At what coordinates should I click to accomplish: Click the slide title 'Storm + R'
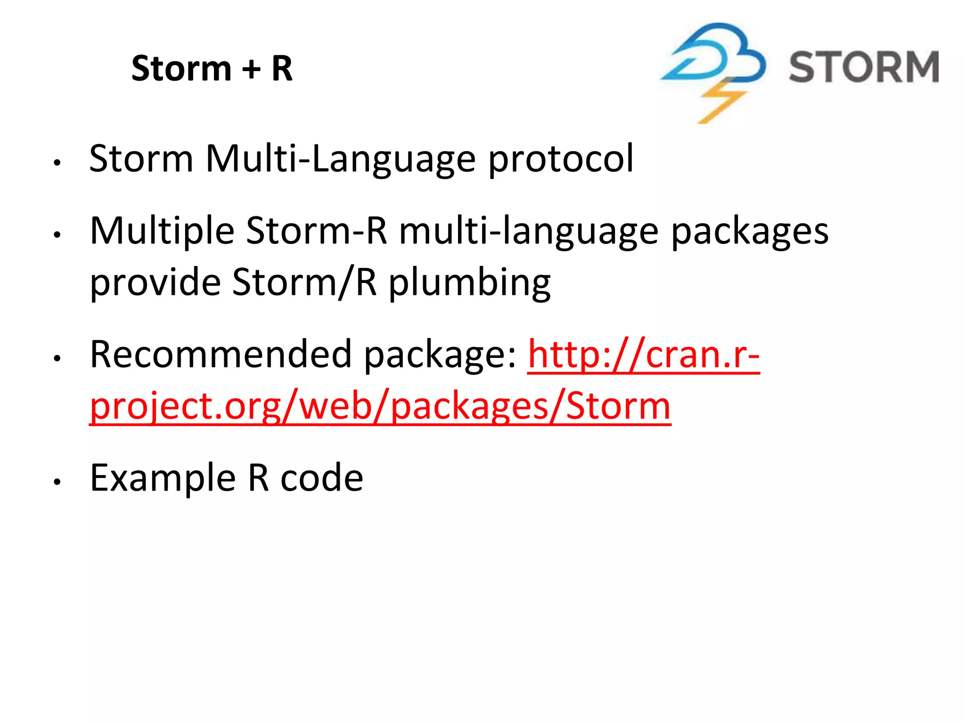[212, 69]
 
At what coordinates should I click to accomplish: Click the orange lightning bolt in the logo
[720, 101]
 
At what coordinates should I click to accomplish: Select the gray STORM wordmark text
[864, 67]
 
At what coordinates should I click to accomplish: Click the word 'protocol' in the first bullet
[560, 159]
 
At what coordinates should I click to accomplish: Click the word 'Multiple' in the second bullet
[162, 231]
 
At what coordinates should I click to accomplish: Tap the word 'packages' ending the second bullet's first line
[749, 231]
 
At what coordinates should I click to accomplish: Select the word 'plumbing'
[469, 283]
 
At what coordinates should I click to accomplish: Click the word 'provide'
[155, 283]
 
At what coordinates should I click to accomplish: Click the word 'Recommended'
[221, 354]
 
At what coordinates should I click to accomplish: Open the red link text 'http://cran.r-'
[644, 354]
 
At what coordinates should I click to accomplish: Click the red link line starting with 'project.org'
[380, 406]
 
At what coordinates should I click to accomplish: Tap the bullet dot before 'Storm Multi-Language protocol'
[57, 163]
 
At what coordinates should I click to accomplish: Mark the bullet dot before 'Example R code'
[57, 482]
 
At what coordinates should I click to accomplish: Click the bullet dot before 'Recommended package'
[57, 358]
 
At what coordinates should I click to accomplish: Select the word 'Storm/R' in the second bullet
[304, 283]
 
